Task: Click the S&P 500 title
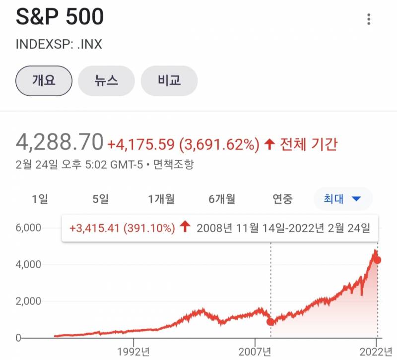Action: [x=60, y=17]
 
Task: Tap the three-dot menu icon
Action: [x=369, y=19]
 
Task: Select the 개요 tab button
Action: [x=44, y=80]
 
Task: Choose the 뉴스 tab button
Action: [x=107, y=80]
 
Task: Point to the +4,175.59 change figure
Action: [x=141, y=144]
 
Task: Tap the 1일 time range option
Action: [x=40, y=199]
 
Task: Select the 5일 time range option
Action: [x=100, y=199]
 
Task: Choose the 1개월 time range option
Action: [x=161, y=199]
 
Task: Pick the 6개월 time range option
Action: [x=222, y=199]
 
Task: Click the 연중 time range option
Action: [x=283, y=199]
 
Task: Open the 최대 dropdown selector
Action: [x=342, y=199]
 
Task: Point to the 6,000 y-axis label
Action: [x=28, y=228]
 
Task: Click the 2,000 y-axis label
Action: [x=28, y=301]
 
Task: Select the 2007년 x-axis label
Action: [x=255, y=352]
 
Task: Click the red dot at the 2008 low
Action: [x=270, y=321]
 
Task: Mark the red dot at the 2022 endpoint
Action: [x=378, y=260]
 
